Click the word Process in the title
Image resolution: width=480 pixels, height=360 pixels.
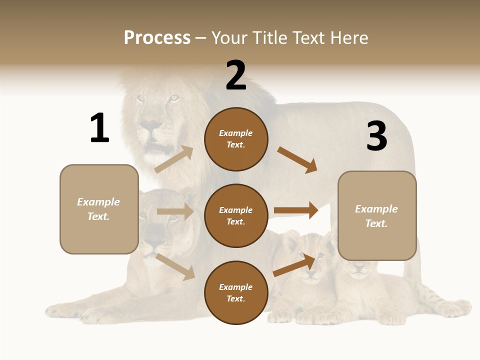point(157,38)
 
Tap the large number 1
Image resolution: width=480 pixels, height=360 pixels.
point(99,128)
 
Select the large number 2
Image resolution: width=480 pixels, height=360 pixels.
point(236,75)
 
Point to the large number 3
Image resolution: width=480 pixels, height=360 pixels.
point(376,136)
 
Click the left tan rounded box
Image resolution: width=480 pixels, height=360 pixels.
point(99,209)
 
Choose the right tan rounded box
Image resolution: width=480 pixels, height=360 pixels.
point(377,216)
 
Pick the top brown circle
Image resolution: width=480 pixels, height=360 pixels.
point(236,139)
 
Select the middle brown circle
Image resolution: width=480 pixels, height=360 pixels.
point(236,215)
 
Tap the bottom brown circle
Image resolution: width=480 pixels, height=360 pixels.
point(236,292)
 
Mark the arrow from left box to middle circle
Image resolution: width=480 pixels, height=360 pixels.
point(175,211)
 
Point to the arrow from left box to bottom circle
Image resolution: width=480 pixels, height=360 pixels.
point(175,266)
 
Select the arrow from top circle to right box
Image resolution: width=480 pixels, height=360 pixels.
point(297,160)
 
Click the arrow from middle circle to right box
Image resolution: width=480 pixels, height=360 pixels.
point(296,210)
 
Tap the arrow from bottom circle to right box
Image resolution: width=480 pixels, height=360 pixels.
point(294,265)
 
